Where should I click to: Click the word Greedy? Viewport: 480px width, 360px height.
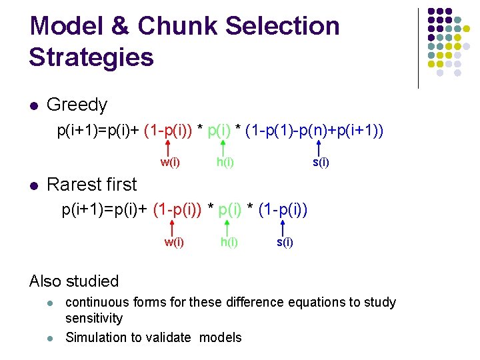coord(77,105)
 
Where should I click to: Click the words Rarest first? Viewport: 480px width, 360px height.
coord(91,185)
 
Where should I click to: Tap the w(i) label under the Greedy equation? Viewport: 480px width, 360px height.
coord(170,162)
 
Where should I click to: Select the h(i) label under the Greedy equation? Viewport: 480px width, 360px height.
coord(225,162)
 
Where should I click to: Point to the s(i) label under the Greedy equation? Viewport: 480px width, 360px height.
coord(321,162)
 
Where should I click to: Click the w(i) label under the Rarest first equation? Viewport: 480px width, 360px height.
coord(174,242)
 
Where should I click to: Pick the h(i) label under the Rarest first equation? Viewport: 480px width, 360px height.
coord(229,242)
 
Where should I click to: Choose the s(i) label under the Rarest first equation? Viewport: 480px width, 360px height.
coord(285,242)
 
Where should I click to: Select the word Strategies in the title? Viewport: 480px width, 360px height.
coord(91,57)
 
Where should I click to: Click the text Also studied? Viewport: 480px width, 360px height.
coord(74,281)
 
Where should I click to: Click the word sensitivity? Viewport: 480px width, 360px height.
coord(94,319)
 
